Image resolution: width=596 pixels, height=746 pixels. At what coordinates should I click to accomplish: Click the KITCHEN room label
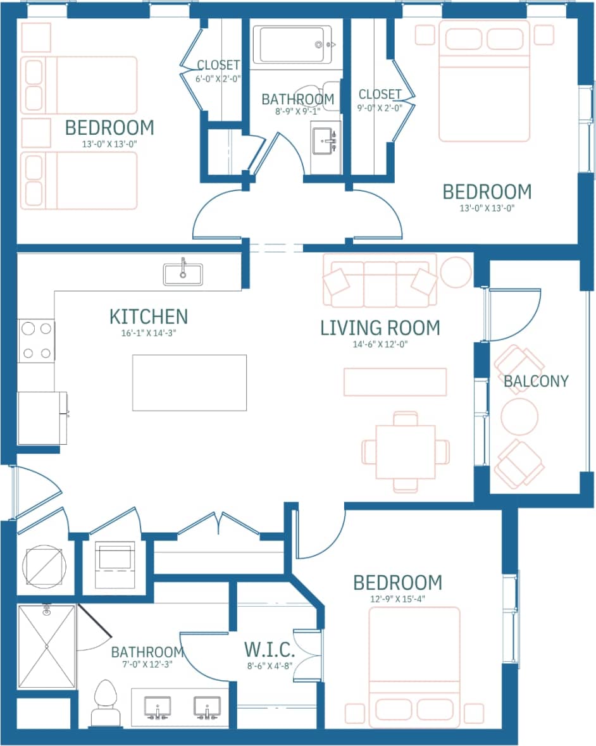click(x=148, y=316)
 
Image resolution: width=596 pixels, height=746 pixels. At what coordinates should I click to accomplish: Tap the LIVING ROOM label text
click(x=380, y=328)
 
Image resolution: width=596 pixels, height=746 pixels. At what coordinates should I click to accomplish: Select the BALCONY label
click(x=536, y=381)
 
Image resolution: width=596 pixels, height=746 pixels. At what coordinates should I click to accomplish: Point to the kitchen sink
click(x=183, y=275)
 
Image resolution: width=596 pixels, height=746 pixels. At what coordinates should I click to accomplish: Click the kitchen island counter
click(x=189, y=382)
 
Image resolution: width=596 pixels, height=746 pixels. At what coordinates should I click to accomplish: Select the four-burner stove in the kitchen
click(x=36, y=341)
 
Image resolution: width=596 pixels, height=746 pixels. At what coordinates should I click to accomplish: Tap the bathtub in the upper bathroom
click(x=292, y=44)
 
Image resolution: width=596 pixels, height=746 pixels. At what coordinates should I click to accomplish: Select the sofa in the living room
click(x=380, y=280)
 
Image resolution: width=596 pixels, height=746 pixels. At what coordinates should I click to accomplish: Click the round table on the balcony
click(x=519, y=416)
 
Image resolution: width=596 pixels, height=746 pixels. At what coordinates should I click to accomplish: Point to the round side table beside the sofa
click(x=456, y=272)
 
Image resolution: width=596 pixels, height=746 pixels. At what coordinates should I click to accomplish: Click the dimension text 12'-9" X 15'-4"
click(x=397, y=599)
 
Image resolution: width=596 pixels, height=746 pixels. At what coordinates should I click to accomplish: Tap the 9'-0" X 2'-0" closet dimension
click(x=380, y=108)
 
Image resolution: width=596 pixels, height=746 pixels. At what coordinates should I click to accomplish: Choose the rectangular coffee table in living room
click(x=395, y=382)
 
